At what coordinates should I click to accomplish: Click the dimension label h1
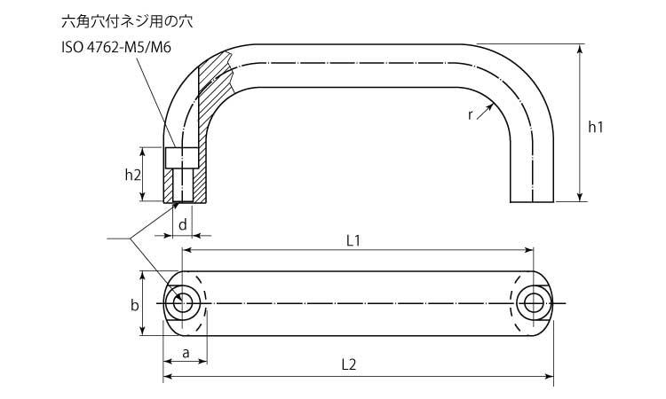595,127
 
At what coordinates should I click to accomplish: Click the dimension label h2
132,175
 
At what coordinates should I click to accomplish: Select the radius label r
470,115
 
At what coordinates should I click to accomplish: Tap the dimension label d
183,224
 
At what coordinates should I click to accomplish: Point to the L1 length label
353,241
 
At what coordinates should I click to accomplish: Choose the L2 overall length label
349,364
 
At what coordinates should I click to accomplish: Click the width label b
134,305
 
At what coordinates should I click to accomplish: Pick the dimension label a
186,353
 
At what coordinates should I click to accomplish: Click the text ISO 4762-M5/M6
116,47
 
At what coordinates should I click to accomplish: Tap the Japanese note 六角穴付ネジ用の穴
127,21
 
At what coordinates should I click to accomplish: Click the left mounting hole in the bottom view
183,303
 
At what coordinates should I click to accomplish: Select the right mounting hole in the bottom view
534,303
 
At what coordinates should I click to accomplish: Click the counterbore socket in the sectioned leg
181,158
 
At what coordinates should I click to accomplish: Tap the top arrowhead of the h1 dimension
580,49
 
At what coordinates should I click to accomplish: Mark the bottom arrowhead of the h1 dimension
580,197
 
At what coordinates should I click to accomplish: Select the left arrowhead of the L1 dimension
186,250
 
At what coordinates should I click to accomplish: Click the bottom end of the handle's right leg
532,202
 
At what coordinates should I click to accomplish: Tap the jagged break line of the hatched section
229,72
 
